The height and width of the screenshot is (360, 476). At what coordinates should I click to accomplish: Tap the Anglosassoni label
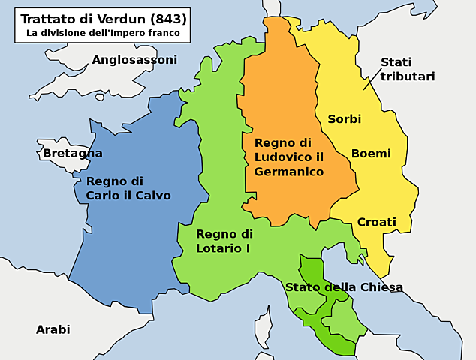pyautogui.click(x=134, y=59)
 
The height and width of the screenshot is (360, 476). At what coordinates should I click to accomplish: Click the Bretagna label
pyautogui.click(x=73, y=153)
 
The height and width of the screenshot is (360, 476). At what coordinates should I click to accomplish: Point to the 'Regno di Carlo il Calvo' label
pyautogui.click(x=128, y=188)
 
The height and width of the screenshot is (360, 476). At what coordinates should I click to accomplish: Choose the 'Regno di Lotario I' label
pyautogui.click(x=224, y=240)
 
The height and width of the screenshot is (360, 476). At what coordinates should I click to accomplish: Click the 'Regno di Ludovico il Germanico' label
pyautogui.click(x=289, y=157)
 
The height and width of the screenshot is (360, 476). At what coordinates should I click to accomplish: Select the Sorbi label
pyautogui.click(x=345, y=119)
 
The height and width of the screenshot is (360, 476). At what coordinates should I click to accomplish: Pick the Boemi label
pyautogui.click(x=371, y=154)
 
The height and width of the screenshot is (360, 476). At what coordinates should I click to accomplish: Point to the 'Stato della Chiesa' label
pyautogui.click(x=344, y=287)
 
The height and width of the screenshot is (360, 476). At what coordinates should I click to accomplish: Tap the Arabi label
pyautogui.click(x=53, y=329)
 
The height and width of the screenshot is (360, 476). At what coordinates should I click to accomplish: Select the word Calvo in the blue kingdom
pyautogui.click(x=152, y=196)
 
